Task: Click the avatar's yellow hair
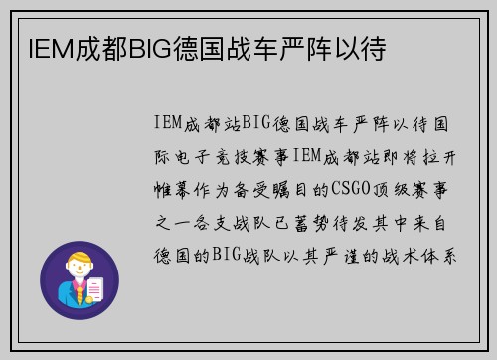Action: (x=80, y=262)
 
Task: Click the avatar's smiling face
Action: (x=79, y=273)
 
